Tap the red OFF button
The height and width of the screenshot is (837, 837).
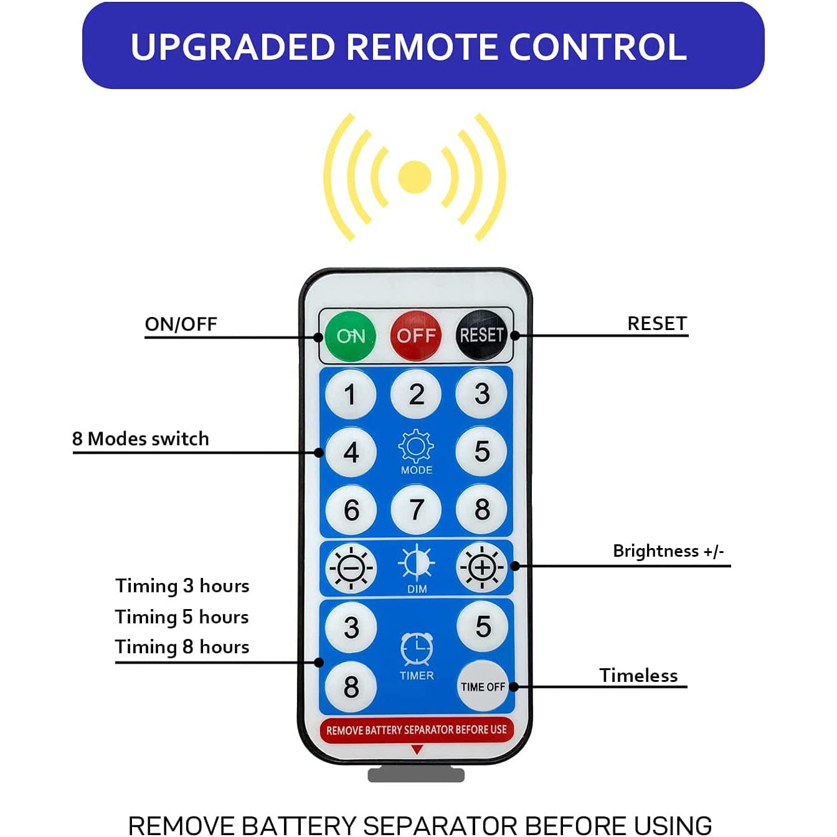tap(416, 336)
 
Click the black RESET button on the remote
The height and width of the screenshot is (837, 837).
tap(481, 335)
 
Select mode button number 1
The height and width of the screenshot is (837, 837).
tap(351, 394)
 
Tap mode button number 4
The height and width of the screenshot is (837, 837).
tap(351, 452)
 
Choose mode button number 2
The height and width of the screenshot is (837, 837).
tap(416, 394)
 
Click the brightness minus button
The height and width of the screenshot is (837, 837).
tap(351, 567)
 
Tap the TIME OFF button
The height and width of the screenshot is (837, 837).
tap(483, 686)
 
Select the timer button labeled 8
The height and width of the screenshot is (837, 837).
tap(351, 687)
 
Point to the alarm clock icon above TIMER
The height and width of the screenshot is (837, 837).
tap(417, 649)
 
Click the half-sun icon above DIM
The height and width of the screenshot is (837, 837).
tap(417, 564)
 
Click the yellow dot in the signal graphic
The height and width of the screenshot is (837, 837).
tap(415, 177)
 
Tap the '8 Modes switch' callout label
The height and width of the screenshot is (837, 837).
tap(141, 438)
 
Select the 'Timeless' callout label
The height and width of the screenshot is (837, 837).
tap(638, 675)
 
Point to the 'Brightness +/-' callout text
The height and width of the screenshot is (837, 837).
tap(668, 551)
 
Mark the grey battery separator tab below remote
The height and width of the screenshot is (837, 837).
tap(416, 775)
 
